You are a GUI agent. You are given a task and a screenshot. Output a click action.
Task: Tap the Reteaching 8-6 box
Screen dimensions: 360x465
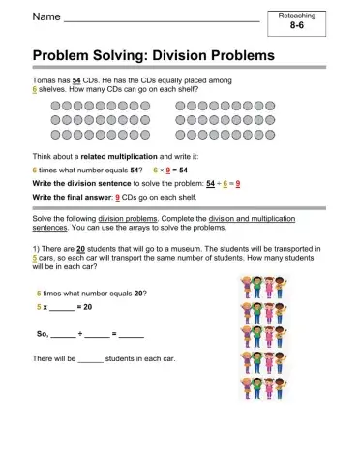(x=303, y=23)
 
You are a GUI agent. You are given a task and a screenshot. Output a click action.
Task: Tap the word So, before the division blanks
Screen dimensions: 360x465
(x=41, y=334)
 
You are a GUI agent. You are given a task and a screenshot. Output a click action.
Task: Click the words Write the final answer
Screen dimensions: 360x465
(x=65, y=195)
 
